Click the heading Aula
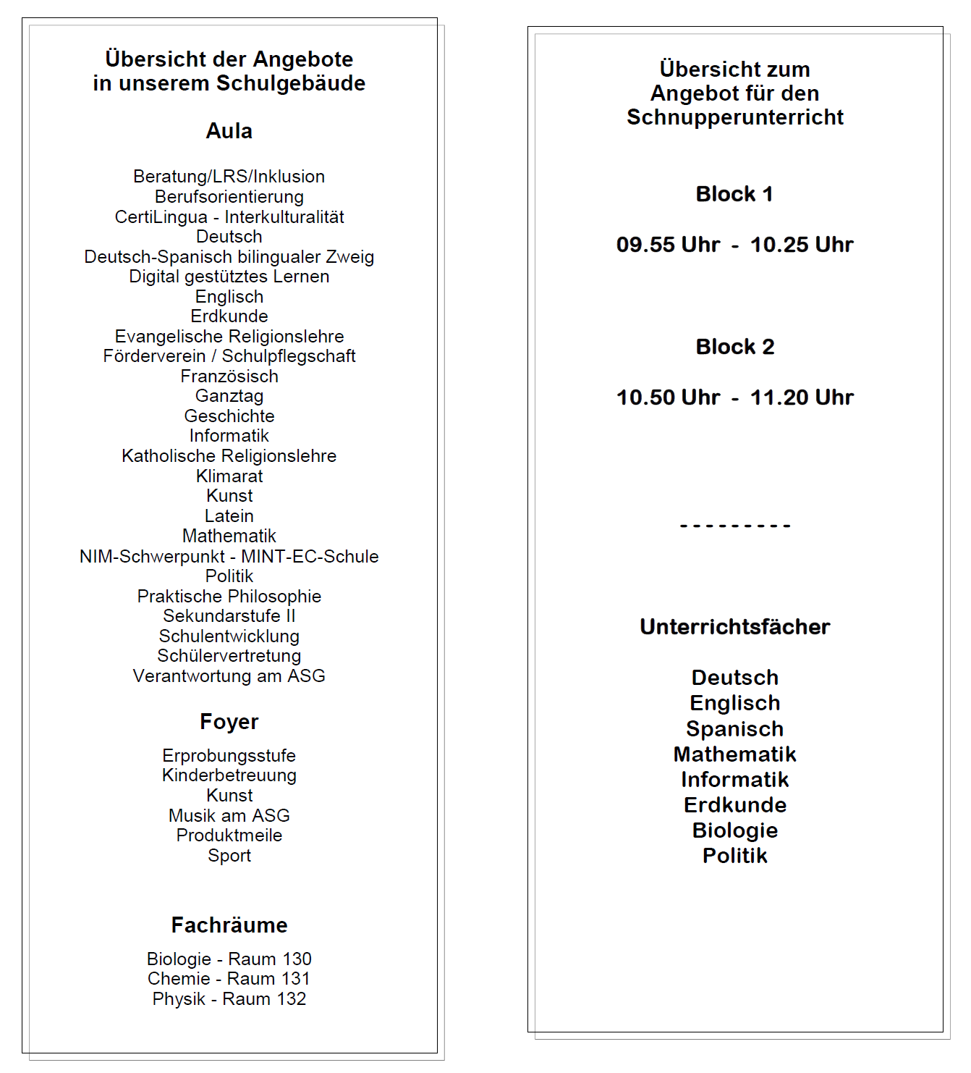229,131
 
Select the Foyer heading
229,722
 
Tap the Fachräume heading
229,925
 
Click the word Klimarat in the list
229,476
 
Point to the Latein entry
229,516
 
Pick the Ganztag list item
229,396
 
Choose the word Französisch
229,376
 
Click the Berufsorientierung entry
229,197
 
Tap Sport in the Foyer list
229,856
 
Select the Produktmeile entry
229,836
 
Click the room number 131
295,979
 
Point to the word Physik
179,999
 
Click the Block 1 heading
734,194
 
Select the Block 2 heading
734,347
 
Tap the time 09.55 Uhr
668,245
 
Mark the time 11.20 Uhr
802,397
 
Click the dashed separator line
734,526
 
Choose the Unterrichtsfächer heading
734,627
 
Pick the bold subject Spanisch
734,729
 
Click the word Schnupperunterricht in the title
734,117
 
